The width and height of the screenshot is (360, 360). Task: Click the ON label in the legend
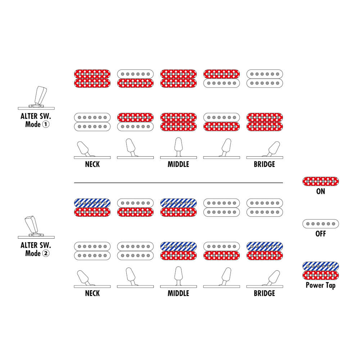coord(320,191)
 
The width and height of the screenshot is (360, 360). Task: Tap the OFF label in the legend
coord(320,234)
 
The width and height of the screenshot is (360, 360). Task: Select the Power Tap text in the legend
coord(320,285)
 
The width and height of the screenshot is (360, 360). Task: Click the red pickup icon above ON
coord(320,181)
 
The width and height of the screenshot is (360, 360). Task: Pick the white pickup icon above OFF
coord(320,224)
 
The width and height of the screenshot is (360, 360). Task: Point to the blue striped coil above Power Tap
coord(320,266)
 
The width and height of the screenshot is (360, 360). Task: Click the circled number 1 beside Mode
coord(46,125)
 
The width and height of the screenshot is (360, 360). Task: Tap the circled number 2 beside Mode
coord(46,253)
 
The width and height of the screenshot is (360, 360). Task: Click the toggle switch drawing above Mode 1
coord(36,98)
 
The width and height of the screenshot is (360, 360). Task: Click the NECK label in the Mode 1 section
coord(92,165)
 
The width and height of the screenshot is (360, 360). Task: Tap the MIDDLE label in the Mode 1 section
coord(179,165)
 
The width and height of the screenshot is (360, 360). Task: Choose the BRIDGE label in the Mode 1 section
coord(265,165)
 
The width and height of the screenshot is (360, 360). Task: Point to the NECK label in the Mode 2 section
coord(92,293)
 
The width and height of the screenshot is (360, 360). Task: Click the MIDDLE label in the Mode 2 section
coord(179,293)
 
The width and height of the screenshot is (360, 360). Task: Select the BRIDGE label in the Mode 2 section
coord(265,293)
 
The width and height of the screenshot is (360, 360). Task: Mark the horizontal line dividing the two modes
coord(179,183)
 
